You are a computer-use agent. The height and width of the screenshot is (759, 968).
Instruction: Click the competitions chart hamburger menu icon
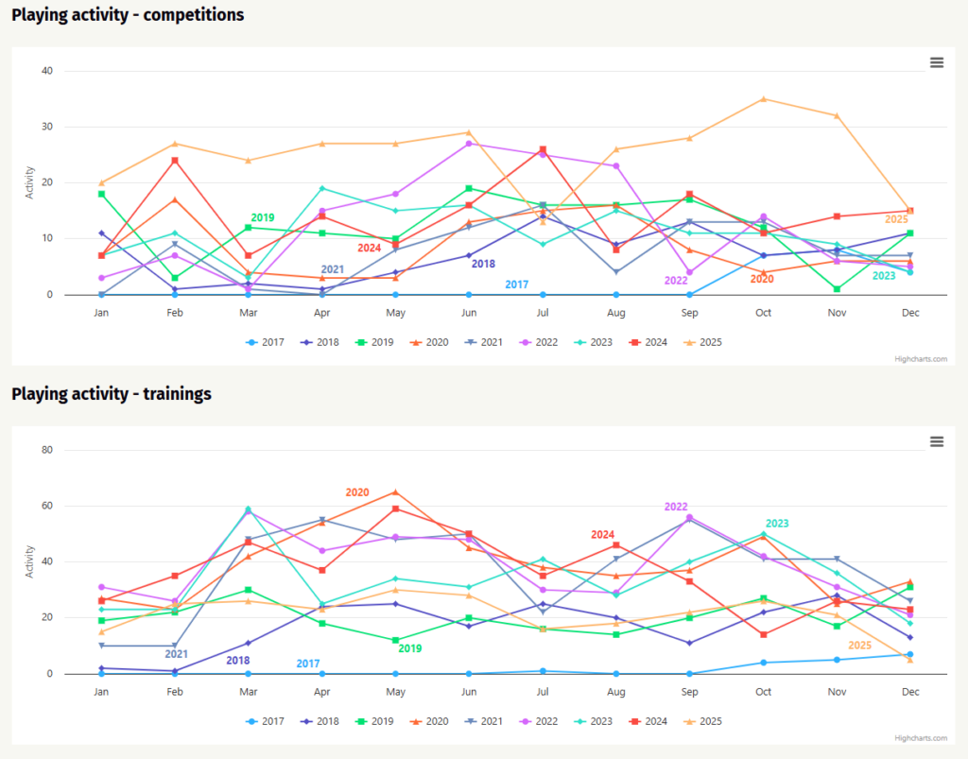(937, 62)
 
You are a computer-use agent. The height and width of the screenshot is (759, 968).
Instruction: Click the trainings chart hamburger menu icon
(937, 441)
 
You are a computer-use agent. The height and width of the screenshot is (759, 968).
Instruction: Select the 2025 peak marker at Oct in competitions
(763, 99)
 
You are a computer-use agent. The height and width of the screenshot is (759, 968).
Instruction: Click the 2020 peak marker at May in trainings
(395, 492)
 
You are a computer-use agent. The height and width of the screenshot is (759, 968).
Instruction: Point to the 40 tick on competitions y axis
(47, 71)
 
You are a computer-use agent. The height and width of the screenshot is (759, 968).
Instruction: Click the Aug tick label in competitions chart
(616, 312)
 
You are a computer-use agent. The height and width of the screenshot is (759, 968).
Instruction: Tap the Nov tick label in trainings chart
(837, 692)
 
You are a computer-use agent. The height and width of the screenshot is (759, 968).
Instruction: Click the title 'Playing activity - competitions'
(128, 15)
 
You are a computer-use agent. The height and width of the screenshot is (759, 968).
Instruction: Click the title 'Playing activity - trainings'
(112, 393)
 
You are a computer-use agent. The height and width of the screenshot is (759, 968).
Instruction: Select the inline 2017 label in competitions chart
(516, 285)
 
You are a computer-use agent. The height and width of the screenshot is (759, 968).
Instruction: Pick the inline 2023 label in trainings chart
(776, 524)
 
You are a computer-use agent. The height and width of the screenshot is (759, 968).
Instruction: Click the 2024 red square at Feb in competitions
(175, 161)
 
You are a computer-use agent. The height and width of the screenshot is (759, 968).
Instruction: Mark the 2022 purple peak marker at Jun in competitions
(469, 144)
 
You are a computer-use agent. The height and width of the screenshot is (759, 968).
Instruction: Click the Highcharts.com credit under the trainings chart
(920, 738)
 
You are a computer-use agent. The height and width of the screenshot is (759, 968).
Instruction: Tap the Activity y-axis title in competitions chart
(29, 182)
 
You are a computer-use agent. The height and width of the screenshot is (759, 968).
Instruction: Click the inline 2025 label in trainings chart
(859, 646)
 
